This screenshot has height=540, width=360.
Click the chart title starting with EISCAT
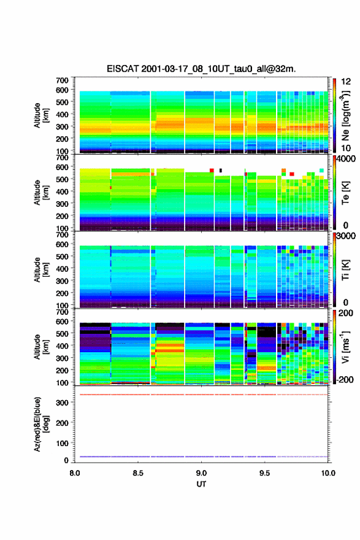[x=201, y=69]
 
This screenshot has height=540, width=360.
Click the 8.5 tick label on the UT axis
[x=138, y=473]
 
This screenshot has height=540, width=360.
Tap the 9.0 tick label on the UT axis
[x=201, y=473]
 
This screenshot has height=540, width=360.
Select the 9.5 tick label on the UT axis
[x=265, y=473]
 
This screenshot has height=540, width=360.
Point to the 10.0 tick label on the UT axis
[x=328, y=473]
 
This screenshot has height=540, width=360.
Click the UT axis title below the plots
[x=201, y=484]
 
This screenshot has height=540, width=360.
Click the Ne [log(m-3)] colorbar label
[x=345, y=116]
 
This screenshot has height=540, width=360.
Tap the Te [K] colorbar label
[x=345, y=193]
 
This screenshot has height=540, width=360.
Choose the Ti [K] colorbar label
[x=345, y=270]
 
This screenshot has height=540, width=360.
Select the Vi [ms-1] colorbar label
[x=345, y=347]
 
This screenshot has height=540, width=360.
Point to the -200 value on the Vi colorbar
[x=343, y=379]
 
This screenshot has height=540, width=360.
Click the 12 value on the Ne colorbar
[x=346, y=82]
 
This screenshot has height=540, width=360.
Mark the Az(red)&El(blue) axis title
[x=40, y=424]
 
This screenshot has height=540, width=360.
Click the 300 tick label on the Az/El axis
[x=63, y=403]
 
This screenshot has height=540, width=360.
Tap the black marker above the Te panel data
[x=221, y=171]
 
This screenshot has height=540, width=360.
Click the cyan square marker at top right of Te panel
[x=321, y=171]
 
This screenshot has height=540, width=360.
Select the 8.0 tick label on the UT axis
[x=75, y=473]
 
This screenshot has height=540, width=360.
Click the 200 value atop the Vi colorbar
[x=345, y=313]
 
